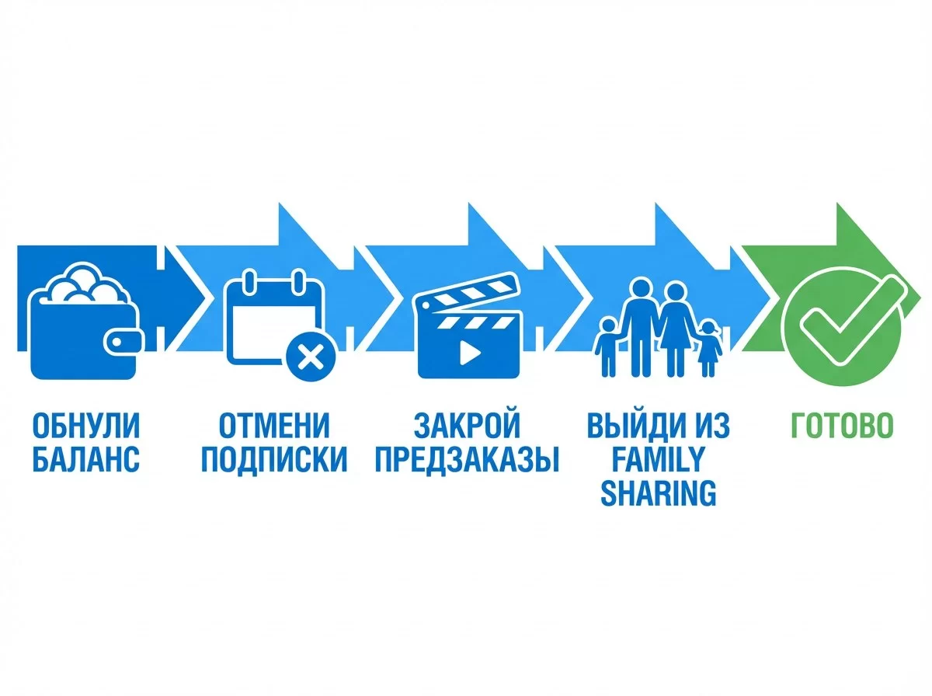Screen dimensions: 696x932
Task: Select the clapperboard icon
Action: [x=467, y=326]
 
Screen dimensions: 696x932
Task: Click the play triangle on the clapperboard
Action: [x=469, y=353]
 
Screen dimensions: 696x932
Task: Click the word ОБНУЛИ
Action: [x=85, y=426]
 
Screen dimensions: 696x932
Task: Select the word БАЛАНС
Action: [x=85, y=460]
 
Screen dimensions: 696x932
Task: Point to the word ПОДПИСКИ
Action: [x=274, y=460]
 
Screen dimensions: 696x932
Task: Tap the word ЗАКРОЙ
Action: [x=467, y=426]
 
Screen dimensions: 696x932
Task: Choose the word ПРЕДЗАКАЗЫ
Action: [x=467, y=460]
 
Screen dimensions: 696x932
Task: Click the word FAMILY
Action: [x=657, y=460]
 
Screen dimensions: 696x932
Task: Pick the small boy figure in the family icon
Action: [x=607, y=346]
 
